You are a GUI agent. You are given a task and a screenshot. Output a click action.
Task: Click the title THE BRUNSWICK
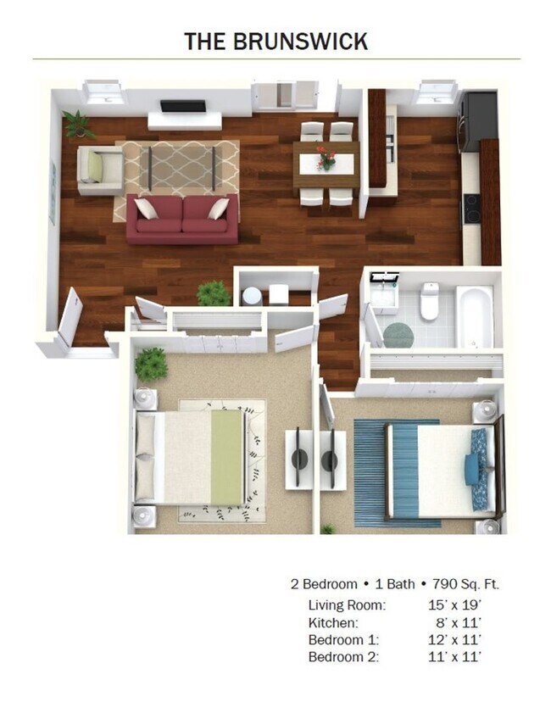[276, 40]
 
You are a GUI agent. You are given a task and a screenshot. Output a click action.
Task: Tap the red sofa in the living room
[182, 219]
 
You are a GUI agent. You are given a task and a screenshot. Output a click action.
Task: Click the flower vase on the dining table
[326, 158]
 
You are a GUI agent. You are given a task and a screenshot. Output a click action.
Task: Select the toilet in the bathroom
[430, 302]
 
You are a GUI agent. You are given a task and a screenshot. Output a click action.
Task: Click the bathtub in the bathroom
[474, 315]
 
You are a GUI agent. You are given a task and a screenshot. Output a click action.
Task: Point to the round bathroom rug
[398, 333]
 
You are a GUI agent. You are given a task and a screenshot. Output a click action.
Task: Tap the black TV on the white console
[183, 106]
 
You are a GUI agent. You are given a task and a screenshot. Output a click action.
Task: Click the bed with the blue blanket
[441, 469]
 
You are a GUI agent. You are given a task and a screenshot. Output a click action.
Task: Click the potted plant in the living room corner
[79, 124]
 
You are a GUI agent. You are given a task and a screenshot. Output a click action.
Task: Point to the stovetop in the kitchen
[471, 209]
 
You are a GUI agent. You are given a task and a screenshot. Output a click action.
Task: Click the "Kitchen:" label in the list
[333, 622]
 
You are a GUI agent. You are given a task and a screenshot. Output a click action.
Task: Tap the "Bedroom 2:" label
[343, 656]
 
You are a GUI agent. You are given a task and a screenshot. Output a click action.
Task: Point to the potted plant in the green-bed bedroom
[151, 364]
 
